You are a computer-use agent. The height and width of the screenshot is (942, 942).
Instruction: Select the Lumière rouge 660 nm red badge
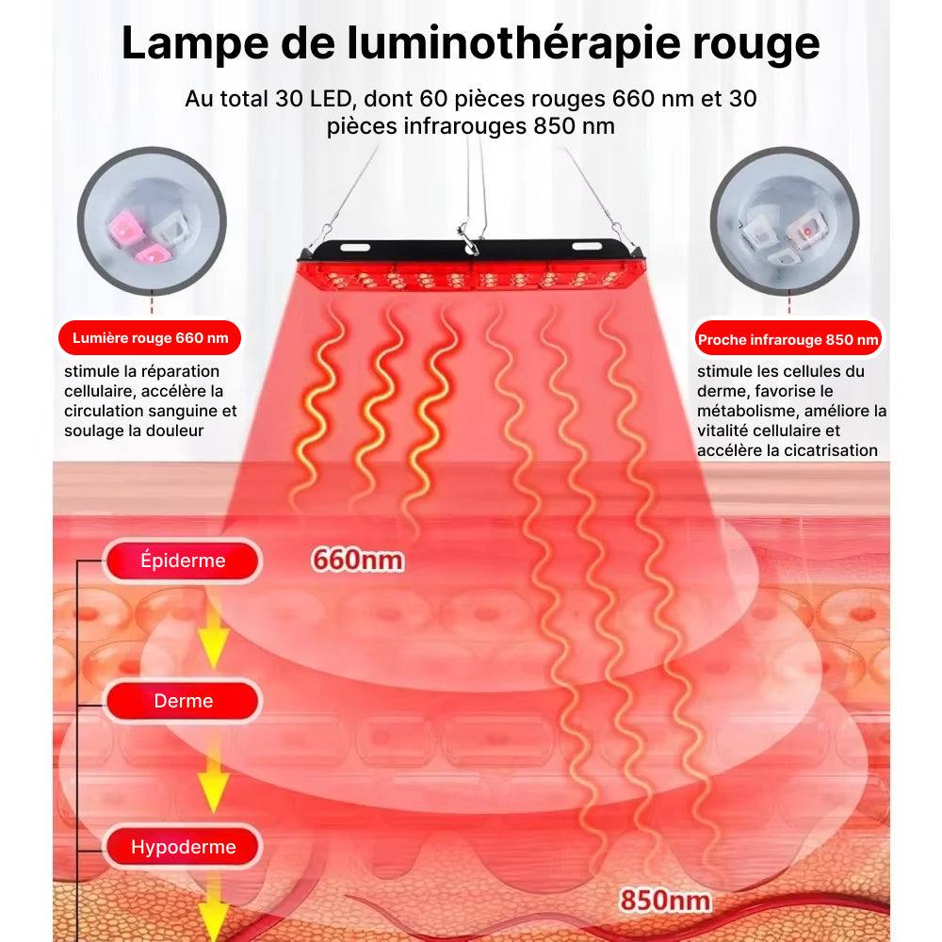(x=150, y=338)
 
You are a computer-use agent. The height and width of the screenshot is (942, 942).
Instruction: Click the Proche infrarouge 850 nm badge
(x=788, y=339)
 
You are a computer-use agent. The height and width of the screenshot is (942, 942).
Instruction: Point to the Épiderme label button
(x=183, y=560)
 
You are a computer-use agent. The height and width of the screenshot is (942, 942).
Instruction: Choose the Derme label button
(x=183, y=701)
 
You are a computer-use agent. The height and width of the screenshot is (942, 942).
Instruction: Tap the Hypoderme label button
(x=183, y=847)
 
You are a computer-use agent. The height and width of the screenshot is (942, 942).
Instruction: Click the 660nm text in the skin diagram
(x=358, y=560)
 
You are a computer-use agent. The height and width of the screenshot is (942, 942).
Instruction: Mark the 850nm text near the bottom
(x=664, y=901)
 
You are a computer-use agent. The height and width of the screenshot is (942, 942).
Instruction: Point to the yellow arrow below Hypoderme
(x=214, y=909)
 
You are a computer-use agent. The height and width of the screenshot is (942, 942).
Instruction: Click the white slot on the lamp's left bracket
(x=355, y=248)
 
